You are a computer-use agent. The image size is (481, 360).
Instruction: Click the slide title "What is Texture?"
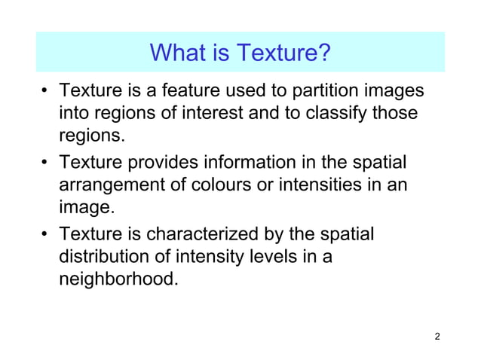[240, 53]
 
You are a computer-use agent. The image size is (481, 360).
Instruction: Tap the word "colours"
[217, 185]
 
